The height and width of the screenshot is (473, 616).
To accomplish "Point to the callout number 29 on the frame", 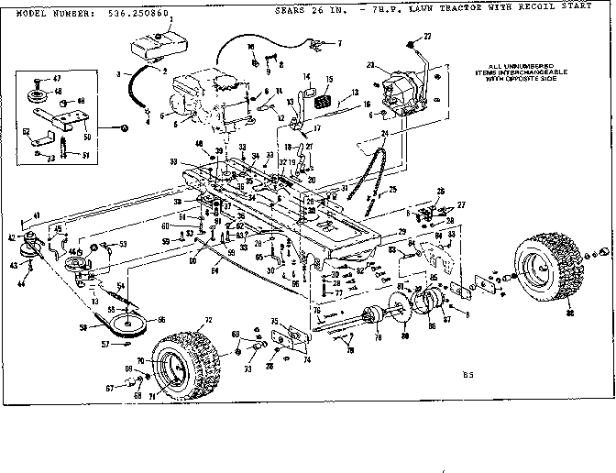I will (402, 235).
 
